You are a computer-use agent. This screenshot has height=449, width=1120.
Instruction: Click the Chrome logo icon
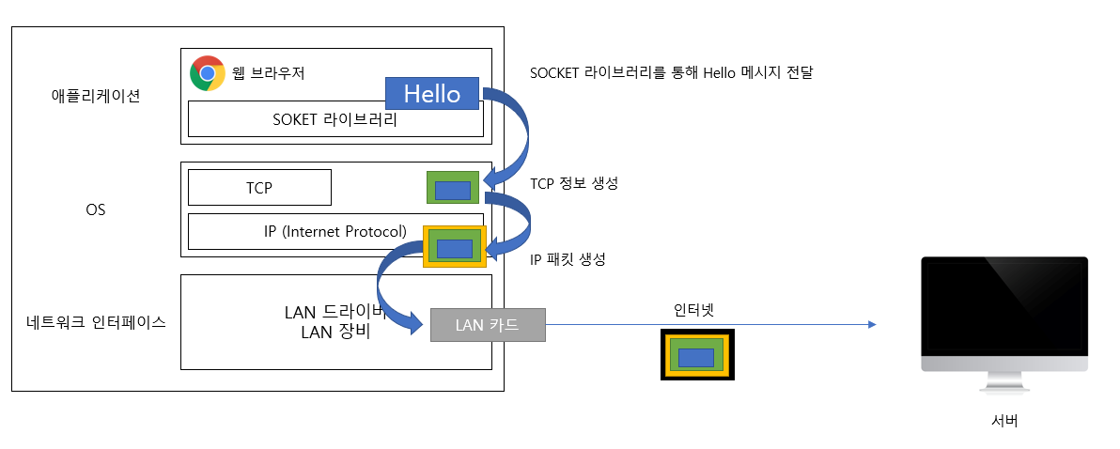[207, 73]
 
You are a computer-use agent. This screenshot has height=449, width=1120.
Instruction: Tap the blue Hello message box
[432, 94]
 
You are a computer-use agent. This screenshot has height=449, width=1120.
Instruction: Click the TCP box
[259, 188]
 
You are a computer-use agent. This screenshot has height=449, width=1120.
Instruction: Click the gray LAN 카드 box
[487, 325]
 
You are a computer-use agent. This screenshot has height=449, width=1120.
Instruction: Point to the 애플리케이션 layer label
[97, 95]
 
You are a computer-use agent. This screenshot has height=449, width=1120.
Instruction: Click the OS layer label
[96, 209]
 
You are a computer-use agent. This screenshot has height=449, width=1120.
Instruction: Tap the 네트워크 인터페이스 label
[97, 322]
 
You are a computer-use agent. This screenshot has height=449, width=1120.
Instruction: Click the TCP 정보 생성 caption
[574, 184]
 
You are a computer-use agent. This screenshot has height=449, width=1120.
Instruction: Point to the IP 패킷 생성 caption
[568, 259]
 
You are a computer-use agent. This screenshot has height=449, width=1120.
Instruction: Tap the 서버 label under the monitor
[1003, 421]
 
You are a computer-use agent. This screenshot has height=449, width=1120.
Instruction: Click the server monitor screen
[1003, 306]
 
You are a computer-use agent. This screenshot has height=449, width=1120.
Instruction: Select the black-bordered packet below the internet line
[696, 356]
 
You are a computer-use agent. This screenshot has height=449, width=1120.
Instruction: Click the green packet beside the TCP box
[453, 188]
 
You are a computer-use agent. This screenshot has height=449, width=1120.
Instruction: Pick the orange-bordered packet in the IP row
[454, 247]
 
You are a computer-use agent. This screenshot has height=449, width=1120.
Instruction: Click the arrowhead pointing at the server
[872, 325]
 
